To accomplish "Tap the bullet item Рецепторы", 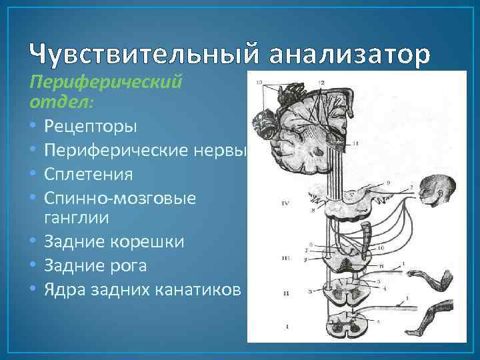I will pos(91,125).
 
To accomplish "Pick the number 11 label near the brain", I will pos(356,143).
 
